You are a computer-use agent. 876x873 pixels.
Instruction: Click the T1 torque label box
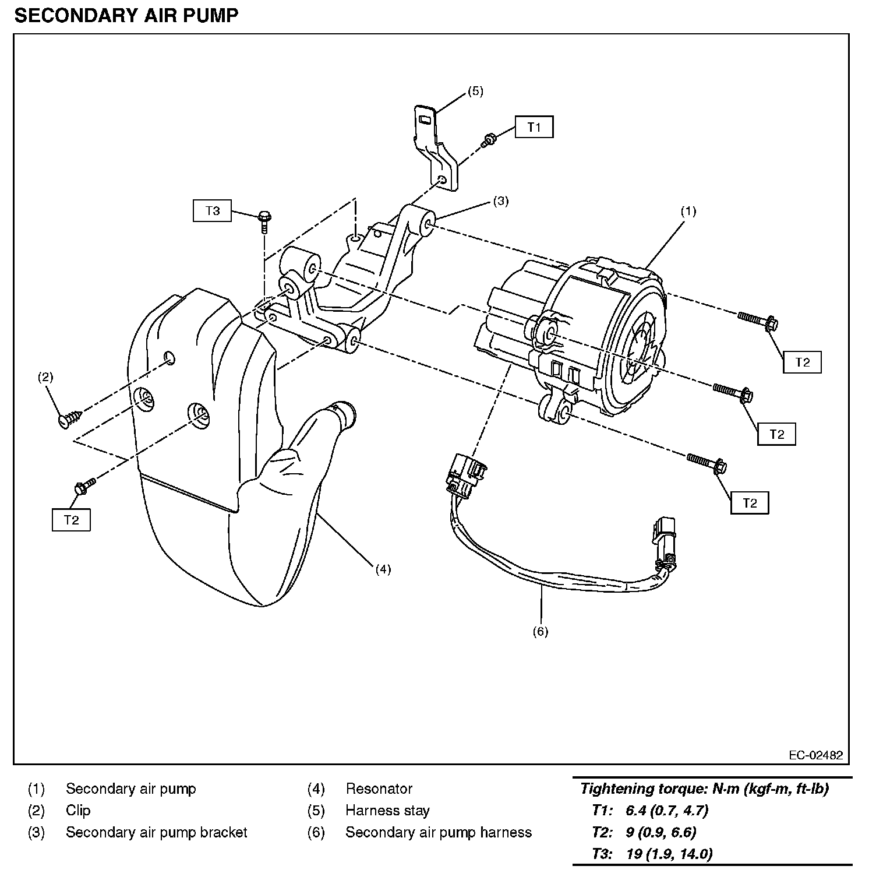point(534,127)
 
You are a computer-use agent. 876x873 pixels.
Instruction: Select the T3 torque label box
point(212,210)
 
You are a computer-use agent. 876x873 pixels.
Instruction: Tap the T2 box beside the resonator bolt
point(71,520)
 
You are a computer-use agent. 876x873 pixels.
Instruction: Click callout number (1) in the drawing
point(688,211)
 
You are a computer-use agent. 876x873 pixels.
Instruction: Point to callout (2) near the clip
point(45,377)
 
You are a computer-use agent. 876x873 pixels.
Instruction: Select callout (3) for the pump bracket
point(501,201)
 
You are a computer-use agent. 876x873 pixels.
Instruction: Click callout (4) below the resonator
point(383,569)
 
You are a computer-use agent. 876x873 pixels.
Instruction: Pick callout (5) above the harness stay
point(475,91)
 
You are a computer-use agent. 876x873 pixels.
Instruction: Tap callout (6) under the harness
point(540,631)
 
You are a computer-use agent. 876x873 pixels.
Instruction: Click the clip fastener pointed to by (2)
point(70,418)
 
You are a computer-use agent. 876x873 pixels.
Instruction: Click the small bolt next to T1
point(488,139)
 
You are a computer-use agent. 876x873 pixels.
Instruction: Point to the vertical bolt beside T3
point(264,221)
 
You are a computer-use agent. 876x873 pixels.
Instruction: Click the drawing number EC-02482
point(815,755)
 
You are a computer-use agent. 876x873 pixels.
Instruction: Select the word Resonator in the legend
point(379,789)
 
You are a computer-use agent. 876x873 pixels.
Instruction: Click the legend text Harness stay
point(387,811)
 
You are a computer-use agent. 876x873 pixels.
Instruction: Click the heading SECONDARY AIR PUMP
point(126,16)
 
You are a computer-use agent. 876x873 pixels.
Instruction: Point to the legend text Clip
point(78,811)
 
